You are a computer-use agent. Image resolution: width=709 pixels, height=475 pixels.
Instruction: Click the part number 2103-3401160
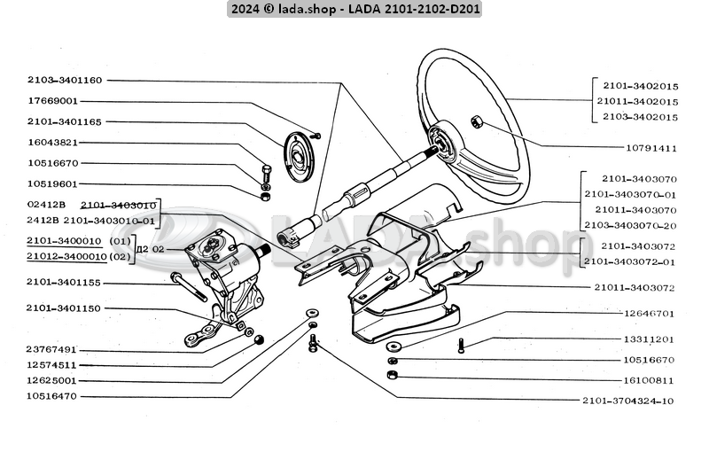coord(65,81)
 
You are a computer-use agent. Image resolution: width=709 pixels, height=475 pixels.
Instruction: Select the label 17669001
coord(52,101)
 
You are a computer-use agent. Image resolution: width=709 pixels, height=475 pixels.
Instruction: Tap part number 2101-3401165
coord(65,121)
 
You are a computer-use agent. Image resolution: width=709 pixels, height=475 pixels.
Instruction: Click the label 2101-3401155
coord(65,284)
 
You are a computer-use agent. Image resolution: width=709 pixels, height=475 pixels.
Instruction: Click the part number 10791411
coord(651,148)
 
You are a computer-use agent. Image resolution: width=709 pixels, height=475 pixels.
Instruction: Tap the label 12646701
coord(650,313)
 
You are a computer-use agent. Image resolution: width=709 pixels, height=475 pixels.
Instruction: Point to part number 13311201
coord(650,339)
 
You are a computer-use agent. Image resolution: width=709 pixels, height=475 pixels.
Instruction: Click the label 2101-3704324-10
coord(629,401)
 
